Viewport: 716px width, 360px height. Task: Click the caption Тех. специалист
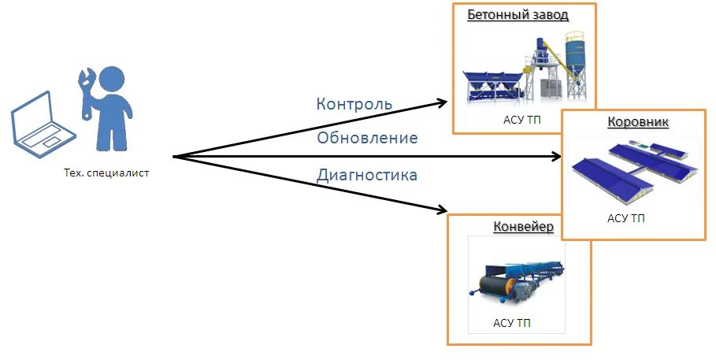click(106, 173)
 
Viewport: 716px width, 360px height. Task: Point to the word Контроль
click(354, 104)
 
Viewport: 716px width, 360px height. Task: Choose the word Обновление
click(366, 139)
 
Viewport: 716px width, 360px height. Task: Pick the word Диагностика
click(366, 175)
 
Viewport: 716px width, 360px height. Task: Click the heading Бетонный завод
click(518, 15)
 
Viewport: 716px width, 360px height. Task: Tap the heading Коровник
click(638, 123)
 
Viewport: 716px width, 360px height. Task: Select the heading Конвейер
click(523, 228)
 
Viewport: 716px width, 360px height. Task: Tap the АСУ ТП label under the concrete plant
click(522, 121)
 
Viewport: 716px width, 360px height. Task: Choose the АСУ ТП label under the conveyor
click(511, 323)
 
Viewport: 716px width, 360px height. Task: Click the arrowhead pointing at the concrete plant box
click(440, 103)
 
